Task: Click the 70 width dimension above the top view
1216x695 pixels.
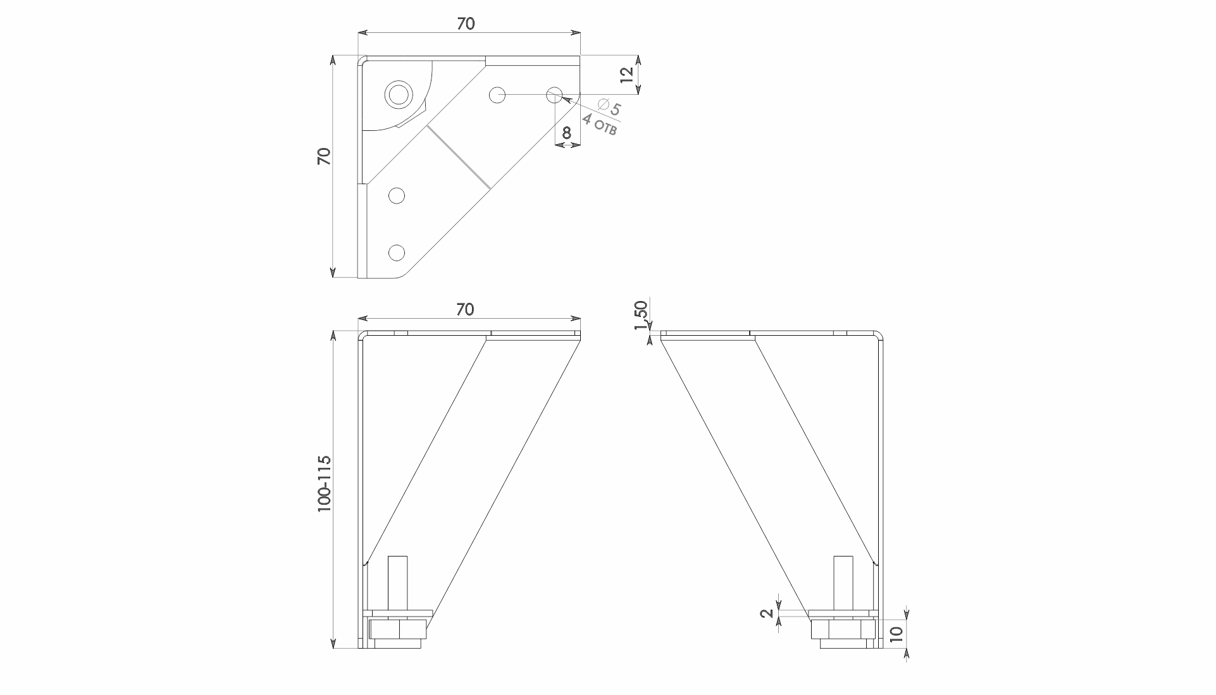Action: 465,23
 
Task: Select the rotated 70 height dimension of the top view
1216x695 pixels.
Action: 324,156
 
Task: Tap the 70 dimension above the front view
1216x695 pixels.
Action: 465,309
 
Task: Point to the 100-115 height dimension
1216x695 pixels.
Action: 325,484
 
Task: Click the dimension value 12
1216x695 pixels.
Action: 626,75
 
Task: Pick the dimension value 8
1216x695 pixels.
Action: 567,133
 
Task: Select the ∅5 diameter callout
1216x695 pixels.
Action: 609,106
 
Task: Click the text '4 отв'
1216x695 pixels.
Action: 599,124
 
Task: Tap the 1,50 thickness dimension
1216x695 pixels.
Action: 641,315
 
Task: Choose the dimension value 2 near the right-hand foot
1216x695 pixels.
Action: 766,613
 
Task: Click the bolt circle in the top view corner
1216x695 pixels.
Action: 399,95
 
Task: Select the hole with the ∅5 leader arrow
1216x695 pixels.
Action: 554,95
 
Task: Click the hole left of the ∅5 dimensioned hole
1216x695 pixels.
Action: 497,95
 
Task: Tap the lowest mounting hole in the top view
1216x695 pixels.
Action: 397,253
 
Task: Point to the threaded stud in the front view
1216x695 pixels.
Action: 397,585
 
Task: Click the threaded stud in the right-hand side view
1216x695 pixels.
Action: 842,585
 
